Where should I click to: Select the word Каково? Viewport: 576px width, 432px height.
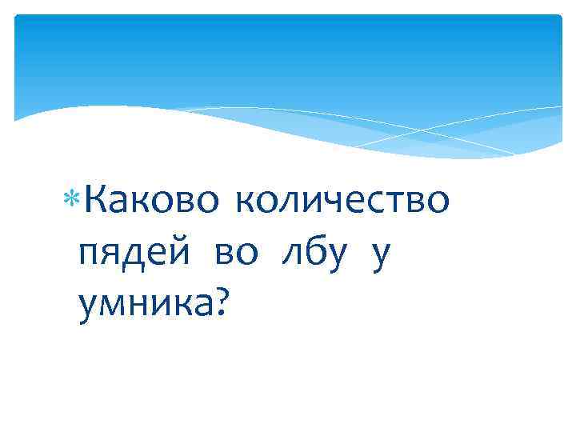pos(148,202)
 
